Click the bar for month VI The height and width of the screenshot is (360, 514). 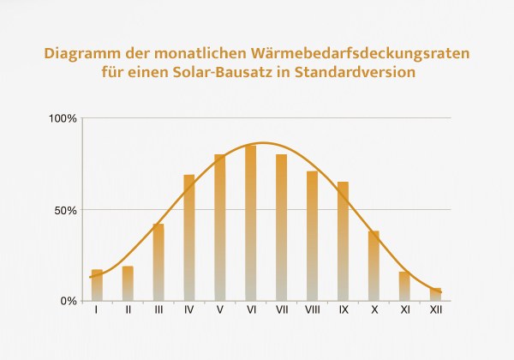[251, 223]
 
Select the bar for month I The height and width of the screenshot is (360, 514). [97, 285]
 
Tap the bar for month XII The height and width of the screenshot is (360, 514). [436, 294]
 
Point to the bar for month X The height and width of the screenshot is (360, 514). [374, 266]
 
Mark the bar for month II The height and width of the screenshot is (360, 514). [128, 284]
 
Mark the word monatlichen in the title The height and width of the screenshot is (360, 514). [197, 53]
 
